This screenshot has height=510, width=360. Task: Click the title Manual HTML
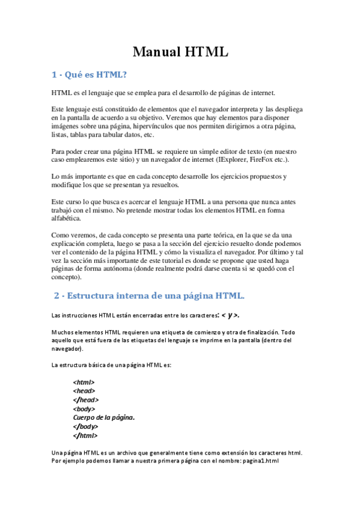click(x=180, y=52)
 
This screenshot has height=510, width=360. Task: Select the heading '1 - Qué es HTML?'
click(x=90, y=75)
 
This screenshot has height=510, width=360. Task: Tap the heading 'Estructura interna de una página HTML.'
click(x=155, y=296)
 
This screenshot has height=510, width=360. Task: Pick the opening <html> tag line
click(x=84, y=382)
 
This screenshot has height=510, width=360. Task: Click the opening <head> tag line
click(x=84, y=391)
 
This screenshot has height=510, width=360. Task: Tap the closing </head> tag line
click(x=86, y=400)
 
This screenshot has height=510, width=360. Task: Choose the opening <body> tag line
click(x=84, y=409)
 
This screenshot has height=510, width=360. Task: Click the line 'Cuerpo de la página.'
click(x=103, y=417)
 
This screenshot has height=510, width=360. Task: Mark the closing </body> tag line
click(x=86, y=426)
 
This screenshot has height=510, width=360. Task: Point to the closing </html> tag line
click(x=85, y=435)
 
